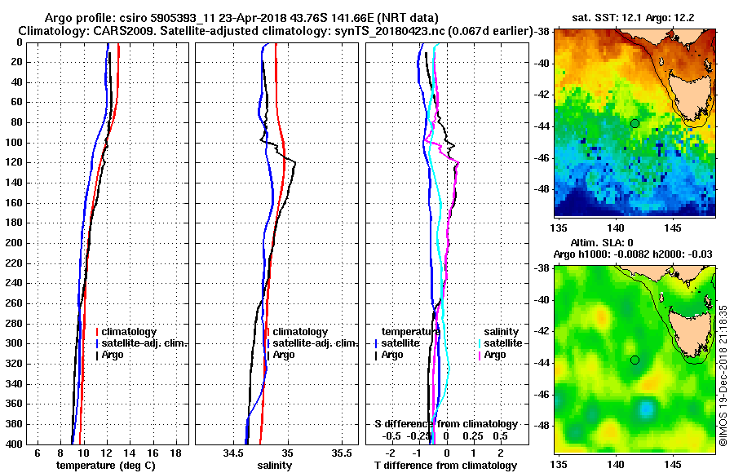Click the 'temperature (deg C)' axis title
pyautogui.click(x=104, y=466)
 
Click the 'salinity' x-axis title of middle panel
pyautogui.click(x=274, y=466)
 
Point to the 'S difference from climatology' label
pyautogui.click(x=446, y=424)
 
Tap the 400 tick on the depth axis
pyautogui.click(x=18, y=444)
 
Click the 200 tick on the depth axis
pyautogui.click(x=18, y=243)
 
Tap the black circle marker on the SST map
pyautogui.click(x=635, y=123)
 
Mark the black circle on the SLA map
pyautogui.click(x=635, y=360)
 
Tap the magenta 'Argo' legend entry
pyautogui.click(x=495, y=355)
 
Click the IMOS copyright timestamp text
pyautogui.click(x=723, y=372)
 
